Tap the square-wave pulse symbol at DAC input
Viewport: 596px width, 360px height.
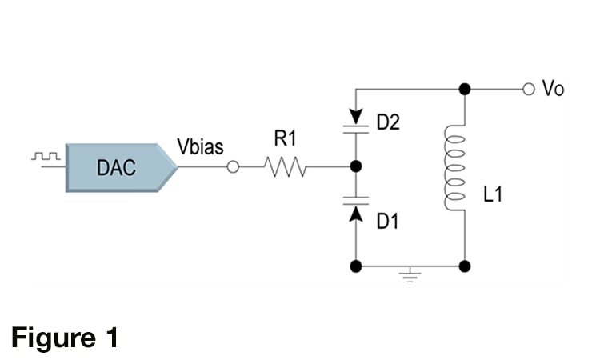[46, 156]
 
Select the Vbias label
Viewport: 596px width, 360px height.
[200, 146]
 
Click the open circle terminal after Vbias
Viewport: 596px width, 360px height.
[233, 167]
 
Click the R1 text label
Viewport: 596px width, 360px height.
[285, 138]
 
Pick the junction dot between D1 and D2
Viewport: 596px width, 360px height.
[356, 166]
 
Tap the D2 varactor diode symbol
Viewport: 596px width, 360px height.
[356, 122]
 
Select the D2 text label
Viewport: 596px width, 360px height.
[388, 122]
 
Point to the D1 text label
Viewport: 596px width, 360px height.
[387, 221]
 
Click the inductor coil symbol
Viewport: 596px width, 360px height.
[455, 168]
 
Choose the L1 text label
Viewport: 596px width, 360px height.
[493, 194]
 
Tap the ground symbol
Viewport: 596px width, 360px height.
[410, 275]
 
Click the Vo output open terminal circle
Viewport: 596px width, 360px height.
[529, 90]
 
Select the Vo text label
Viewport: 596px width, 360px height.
[553, 89]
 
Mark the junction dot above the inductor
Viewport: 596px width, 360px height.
[465, 90]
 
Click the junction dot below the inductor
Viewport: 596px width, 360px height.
[465, 266]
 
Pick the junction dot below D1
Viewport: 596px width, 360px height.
[356, 266]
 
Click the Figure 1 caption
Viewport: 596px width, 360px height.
[65, 337]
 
